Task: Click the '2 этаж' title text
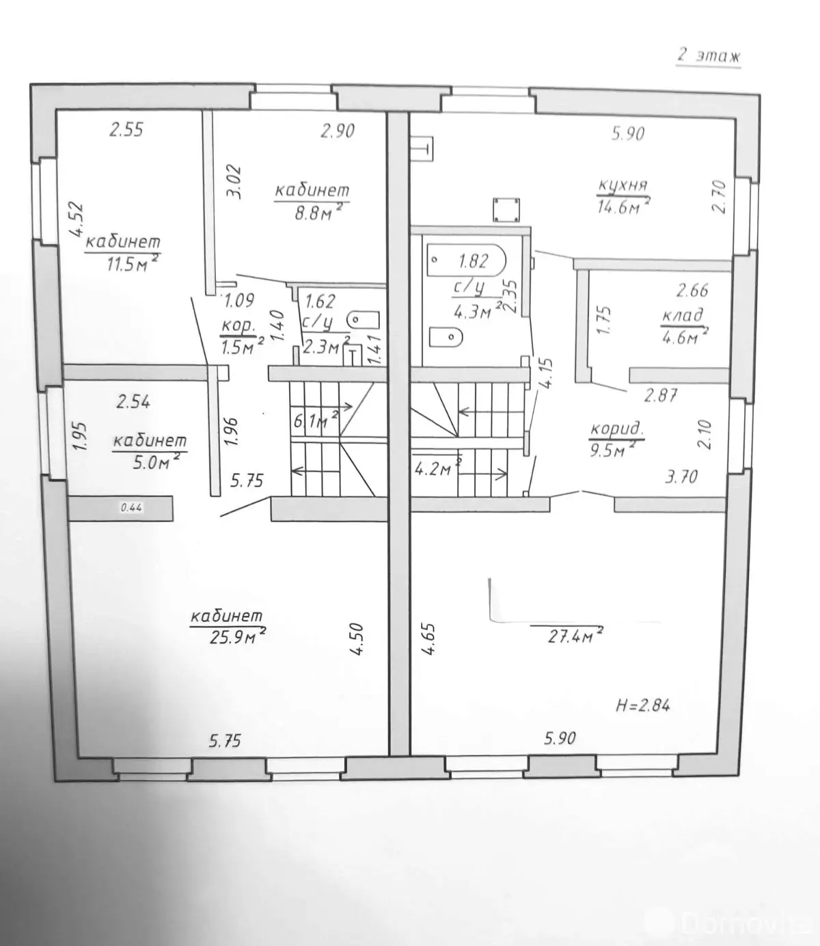tap(709, 55)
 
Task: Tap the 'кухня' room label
tap(623, 186)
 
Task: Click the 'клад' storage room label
tap(682, 316)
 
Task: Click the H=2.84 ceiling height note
tap(642, 705)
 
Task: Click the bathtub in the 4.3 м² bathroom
tap(465, 260)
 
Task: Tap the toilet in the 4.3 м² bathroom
tap(447, 337)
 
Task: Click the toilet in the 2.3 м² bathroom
tap(364, 319)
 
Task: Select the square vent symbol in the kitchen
tap(506, 210)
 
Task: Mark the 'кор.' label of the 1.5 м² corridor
tap(239, 325)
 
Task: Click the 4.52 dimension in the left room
tap(77, 221)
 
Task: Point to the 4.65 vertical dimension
tap(428, 639)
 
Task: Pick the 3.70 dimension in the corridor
tap(681, 476)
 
